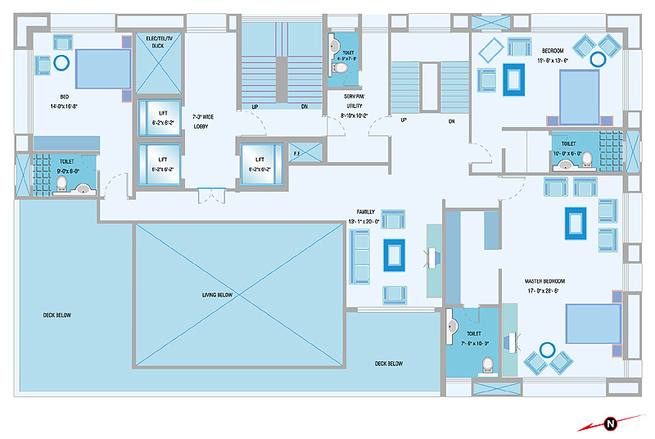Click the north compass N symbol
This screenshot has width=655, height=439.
pos(610,423)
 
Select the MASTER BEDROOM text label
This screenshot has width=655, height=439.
pos(544,281)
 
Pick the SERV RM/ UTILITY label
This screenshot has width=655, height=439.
pos(355,102)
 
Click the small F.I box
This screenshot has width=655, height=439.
pos(296,152)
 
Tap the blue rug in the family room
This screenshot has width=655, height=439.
pos(395,255)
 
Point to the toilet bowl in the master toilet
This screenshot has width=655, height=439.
pos(486,363)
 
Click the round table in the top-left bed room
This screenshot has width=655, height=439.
pos(61,61)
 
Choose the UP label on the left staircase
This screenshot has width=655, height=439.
pos(255,106)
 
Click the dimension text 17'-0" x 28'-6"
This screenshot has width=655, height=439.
pos(544,290)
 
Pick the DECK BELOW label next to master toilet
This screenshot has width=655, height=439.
pos(389,364)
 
